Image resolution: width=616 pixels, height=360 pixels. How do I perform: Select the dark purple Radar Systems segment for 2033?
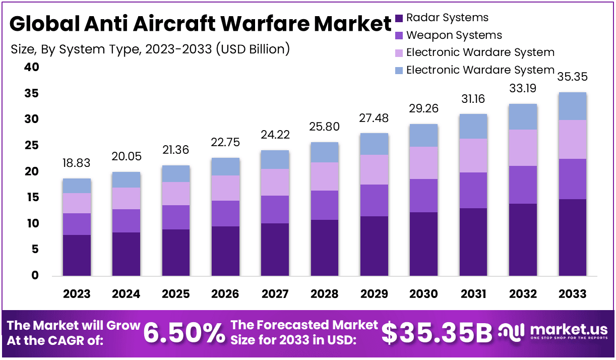point(573,237)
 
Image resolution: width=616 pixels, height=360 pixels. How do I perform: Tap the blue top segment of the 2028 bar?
point(325,152)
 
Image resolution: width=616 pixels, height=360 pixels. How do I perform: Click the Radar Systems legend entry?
point(447,18)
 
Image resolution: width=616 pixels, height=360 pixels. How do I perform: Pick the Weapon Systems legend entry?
point(454,35)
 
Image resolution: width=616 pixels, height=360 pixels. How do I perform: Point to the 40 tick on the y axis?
point(31,67)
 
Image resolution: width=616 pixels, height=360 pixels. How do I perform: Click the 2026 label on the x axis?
point(225,294)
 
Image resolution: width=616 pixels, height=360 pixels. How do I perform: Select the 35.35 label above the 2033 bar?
point(573,77)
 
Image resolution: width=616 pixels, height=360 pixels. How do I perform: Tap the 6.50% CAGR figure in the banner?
point(184,333)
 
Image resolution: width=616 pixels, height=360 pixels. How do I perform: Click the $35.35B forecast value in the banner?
point(436,333)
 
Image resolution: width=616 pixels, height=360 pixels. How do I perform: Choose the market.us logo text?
point(569,330)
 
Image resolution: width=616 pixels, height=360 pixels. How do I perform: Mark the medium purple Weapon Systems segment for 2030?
point(424,196)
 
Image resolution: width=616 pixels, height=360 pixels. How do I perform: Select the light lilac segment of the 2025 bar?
point(176,194)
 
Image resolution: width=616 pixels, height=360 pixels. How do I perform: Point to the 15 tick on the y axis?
point(31,198)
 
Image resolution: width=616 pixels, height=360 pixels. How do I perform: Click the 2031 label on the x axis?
point(473,294)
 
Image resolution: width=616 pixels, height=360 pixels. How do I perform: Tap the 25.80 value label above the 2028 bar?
point(325,126)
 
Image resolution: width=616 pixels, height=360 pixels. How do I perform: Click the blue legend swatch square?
point(399,70)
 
